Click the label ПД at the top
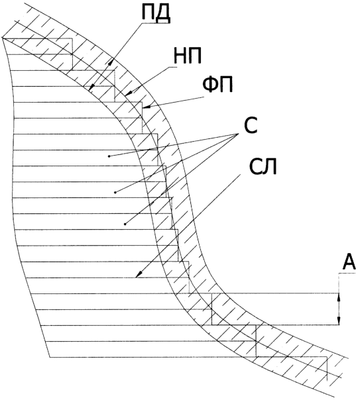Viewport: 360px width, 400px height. pyautogui.click(x=156, y=13)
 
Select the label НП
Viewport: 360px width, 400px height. pyautogui.click(x=188, y=56)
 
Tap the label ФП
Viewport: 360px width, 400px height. pyautogui.click(x=217, y=85)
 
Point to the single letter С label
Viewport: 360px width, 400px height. pyautogui.click(x=251, y=126)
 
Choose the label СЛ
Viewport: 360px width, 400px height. pyautogui.click(x=263, y=167)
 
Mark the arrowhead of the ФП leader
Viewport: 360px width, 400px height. pyautogui.click(x=147, y=107)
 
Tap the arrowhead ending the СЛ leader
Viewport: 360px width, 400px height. pyautogui.click(x=139, y=274)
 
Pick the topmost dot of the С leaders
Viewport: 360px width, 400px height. pyautogui.click(x=109, y=156)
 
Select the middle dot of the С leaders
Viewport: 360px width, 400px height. pyautogui.click(x=115, y=192)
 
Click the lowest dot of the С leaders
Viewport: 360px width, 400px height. pyautogui.click(x=125, y=224)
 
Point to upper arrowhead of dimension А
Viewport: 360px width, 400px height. pyautogui.click(x=339, y=297)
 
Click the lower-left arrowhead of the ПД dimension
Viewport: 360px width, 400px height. pyautogui.click(x=91, y=87)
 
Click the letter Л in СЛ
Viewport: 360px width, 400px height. pyautogui.click(x=270, y=167)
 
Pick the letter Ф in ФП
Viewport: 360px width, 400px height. pyautogui.click(x=210, y=85)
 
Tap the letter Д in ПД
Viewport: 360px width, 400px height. pyautogui.click(x=163, y=15)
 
